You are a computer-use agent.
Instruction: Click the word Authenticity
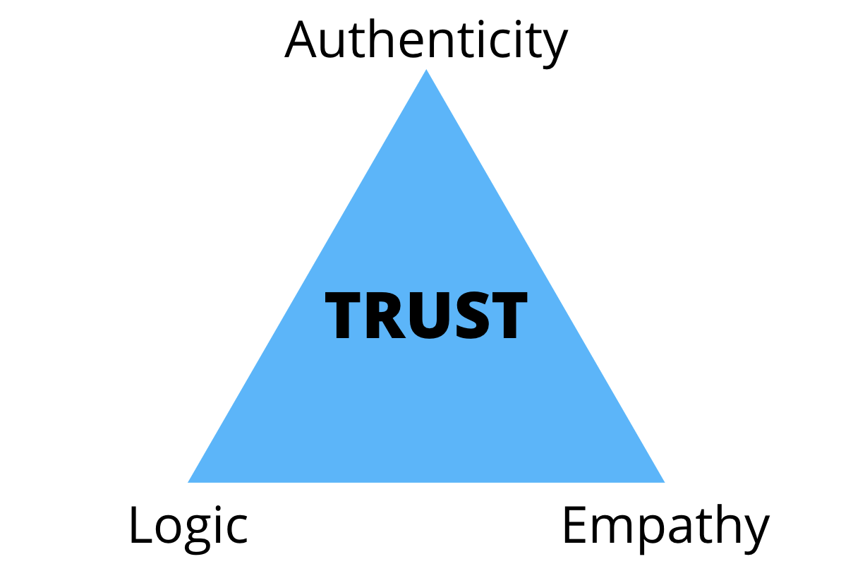pos(426,40)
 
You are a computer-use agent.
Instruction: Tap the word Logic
pos(188,526)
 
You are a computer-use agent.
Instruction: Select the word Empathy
pos(665,526)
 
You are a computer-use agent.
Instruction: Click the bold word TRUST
pos(426,317)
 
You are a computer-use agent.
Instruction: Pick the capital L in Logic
pos(140,526)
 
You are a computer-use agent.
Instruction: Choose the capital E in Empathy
pos(575,526)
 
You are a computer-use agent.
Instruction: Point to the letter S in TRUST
pos(467,318)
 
